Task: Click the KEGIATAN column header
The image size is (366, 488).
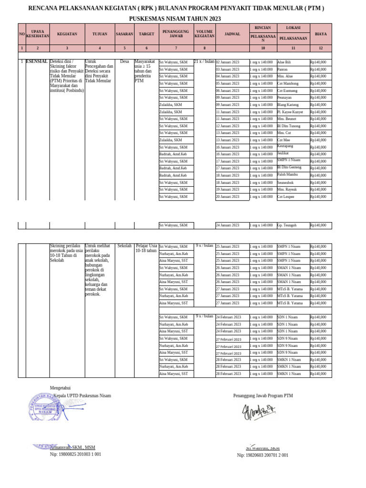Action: (x=67, y=34)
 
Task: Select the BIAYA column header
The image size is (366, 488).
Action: (x=321, y=34)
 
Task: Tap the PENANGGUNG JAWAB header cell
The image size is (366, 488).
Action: (x=176, y=34)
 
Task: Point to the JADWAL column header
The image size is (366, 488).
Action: (x=232, y=34)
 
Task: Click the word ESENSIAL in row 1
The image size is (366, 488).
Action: (x=37, y=62)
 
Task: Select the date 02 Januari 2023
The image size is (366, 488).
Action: (x=228, y=62)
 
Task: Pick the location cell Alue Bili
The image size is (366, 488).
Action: (x=284, y=62)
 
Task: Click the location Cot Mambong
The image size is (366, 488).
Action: (x=287, y=83)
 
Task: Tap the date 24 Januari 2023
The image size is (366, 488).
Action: (x=228, y=225)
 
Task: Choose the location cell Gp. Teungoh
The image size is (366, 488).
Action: (x=287, y=225)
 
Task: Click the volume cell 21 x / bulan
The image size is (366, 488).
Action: (x=204, y=62)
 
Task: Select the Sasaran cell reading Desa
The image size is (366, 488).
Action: (x=124, y=62)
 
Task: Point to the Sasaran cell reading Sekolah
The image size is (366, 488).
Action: (x=124, y=246)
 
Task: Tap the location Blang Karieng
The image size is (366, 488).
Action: (x=288, y=105)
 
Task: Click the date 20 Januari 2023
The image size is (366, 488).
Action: (x=228, y=197)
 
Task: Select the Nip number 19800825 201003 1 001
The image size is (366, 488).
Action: (x=75, y=455)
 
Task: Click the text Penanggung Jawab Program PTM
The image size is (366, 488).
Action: (x=263, y=396)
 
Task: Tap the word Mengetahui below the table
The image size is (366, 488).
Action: (x=60, y=388)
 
